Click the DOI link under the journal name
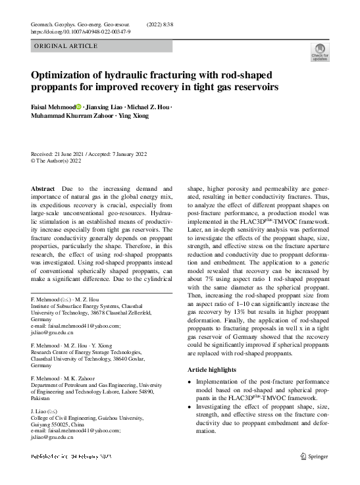pyautogui.click(x=80, y=32)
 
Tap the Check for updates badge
pyautogui.click(x=320, y=53)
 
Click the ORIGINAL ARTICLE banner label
pyautogui.click(x=66, y=46)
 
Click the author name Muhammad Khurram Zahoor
pyautogui.click(x=72, y=116)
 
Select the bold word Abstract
pyautogui.click(x=43, y=188)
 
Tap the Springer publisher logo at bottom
pyautogui.click(x=315, y=455)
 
